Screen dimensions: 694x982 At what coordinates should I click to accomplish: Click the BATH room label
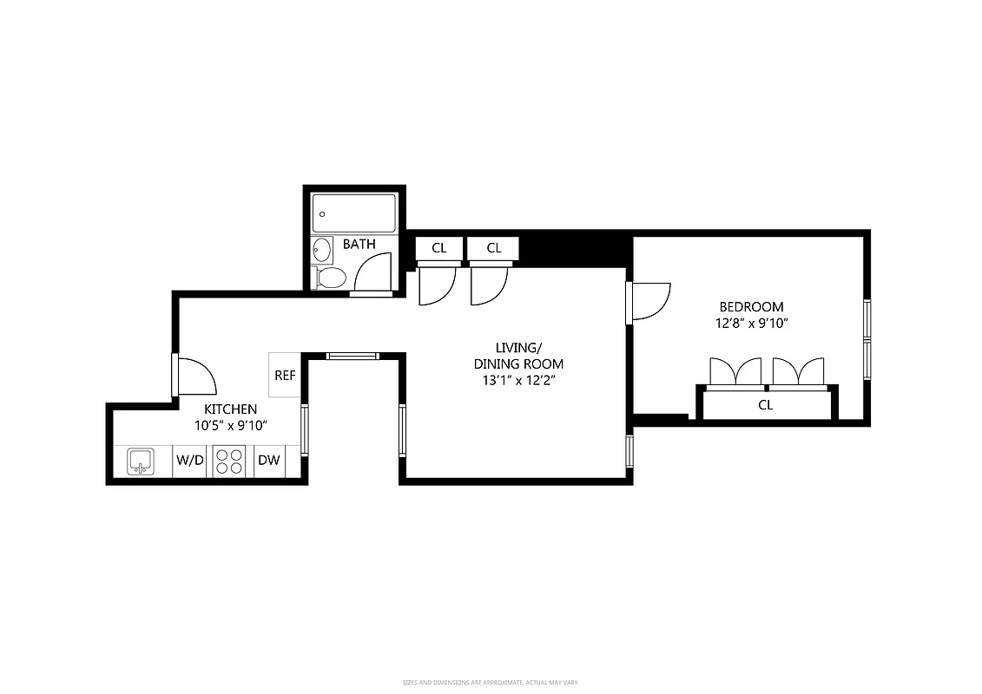click(x=359, y=245)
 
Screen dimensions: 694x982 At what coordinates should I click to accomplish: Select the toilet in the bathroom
click(x=329, y=278)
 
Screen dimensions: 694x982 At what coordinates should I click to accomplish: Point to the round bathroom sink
click(x=322, y=250)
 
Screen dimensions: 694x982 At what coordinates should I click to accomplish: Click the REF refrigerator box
click(x=285, y=376)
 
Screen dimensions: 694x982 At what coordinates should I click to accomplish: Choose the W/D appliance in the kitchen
click(x=190, y=461)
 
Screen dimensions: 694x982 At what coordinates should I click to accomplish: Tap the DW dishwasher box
click(x=269, y=461)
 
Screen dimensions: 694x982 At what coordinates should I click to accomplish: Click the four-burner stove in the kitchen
click(x=229, y=461)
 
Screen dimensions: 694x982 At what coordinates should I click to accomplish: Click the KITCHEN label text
click(x=230, y=409)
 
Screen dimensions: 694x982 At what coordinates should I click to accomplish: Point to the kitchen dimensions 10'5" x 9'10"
click(x=230, y=426)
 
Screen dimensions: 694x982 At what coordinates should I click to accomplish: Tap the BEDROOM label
click(x=751, y=307)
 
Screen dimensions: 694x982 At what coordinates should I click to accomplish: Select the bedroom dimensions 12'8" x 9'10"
click(x=751, y=324)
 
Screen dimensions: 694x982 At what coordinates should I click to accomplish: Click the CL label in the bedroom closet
click(x=765, y=405)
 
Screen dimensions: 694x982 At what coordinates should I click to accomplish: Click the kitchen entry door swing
click(x=196, y=376)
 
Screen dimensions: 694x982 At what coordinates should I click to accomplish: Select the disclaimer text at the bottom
click(x=491, y=684)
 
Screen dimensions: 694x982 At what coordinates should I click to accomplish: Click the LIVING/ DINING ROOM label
click(x=518, y=356)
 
